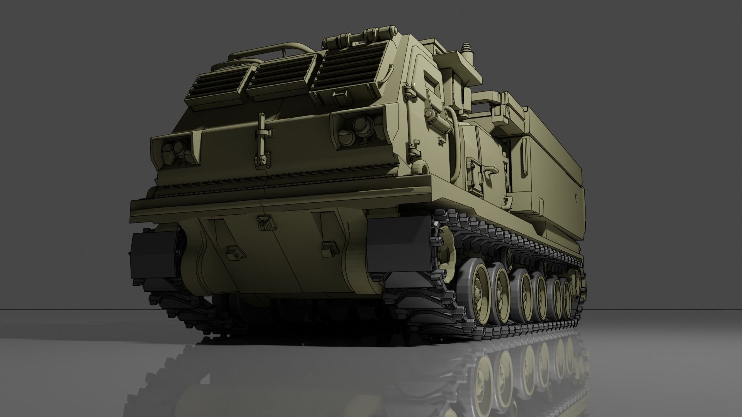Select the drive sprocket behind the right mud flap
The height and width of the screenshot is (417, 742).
pyautogui.click(x=444, y=251)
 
